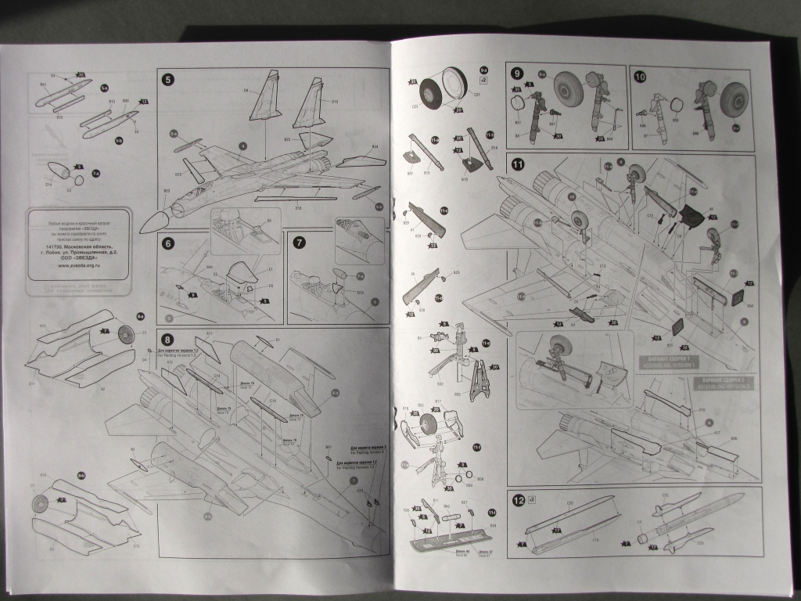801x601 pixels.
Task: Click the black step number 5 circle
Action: (168, 79)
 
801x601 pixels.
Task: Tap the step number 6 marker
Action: (168, 243)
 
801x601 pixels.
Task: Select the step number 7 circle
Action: (299, 243)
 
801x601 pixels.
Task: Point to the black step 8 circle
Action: (168, 339)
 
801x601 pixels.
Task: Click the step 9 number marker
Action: (517, 74)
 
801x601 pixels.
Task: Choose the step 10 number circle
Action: (641, 77)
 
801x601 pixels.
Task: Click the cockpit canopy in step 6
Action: (243, 274)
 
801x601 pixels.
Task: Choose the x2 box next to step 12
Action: (532, 498)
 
